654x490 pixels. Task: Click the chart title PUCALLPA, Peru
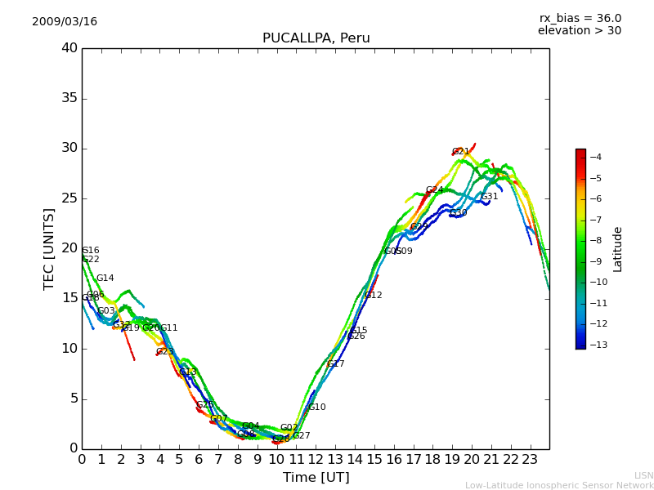point(316,38)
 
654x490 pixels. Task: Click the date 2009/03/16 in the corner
point(65,22)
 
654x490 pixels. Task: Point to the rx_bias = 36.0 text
point(580,19)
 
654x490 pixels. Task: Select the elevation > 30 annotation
point(579,31)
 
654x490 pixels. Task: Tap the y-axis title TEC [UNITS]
point(50,248)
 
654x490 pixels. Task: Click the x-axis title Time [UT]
point(316,478)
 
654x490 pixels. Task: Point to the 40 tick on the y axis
point(69,48)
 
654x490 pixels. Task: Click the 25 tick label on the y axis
point(69,198)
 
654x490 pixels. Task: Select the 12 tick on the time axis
point(316,460)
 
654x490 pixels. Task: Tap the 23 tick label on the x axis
point(530,460)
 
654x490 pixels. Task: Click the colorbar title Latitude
point(618,248)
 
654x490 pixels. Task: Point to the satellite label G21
point(461,152)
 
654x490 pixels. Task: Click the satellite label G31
point(490,197)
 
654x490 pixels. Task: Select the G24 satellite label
point(434,190)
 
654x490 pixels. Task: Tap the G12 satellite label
point(374,296)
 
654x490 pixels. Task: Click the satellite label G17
point(336,364)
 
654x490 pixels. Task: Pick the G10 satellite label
point(317,408)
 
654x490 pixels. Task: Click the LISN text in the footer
point(643,475)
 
